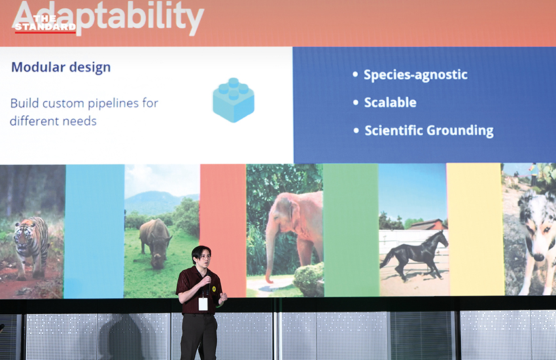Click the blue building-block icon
pyautogui.click(x=234, y=100)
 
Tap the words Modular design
pyautogui.click(x=61, y=67)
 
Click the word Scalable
pyautogui.click(x=390, y=103)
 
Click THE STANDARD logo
pyautogui.click(x=45, y=24)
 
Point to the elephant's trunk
pyautogui.click(x=271, y=253)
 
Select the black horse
pyautogui.click(x=415, y=254)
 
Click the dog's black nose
pyautogui.click(x=538, y=257)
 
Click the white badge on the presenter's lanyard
pyautogui.click(x=203, y=304)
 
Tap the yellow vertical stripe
pyautogui.click(x=474, y=229)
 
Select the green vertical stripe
pyautogui.click(x=351, y=230)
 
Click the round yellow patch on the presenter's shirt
pyautogui.click(x=214, y=289)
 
